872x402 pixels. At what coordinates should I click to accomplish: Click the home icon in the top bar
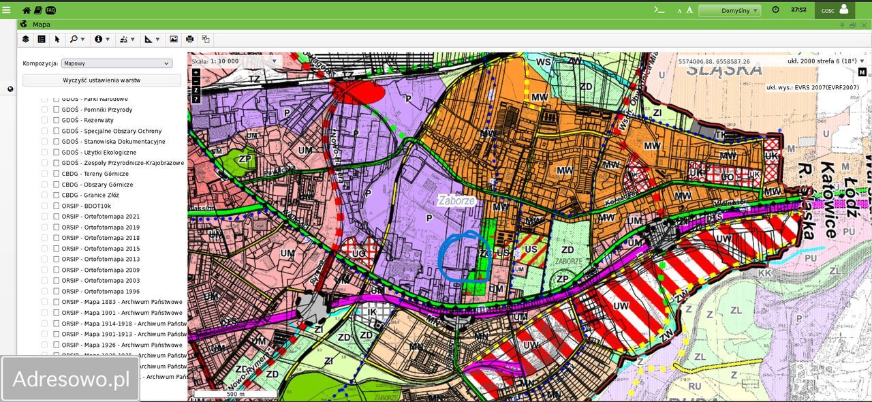(27, 10)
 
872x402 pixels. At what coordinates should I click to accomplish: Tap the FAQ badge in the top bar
(50, 10)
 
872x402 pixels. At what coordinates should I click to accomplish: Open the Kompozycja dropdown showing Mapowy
(116, 63)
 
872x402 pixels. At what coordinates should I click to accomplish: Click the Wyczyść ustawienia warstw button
(102, 80)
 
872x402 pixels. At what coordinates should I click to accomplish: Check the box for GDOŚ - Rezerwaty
(57, 121)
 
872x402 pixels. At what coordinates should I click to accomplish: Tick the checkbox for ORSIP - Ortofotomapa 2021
(57, 217)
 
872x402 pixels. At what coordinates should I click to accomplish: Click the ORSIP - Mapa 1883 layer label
(121, 303)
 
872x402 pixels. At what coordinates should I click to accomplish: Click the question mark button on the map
(196, 99)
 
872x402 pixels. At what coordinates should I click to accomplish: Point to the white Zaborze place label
(456, 201)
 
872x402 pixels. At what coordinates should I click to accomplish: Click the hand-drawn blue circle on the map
(465, 257)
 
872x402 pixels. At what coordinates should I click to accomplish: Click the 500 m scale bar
(236, 394)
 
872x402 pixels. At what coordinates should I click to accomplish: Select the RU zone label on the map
(694, 386)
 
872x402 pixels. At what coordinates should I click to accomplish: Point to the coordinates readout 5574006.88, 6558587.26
(713, 61)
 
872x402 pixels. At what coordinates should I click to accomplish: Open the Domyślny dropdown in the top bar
(729, 10)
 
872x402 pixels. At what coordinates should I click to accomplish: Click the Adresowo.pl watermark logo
(71, 380)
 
